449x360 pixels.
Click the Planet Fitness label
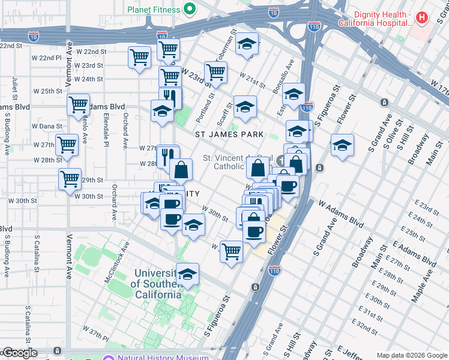[154, 10]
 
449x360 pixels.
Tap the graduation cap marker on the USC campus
[187, 274]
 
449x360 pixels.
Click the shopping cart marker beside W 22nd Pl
[139, 58]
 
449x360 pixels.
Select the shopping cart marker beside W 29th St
[70, 178]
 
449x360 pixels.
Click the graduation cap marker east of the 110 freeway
[342, 145]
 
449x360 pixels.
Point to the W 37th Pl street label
[94, 331]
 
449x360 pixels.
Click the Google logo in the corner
[20, 353]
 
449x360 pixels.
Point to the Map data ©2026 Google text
[412, 355]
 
